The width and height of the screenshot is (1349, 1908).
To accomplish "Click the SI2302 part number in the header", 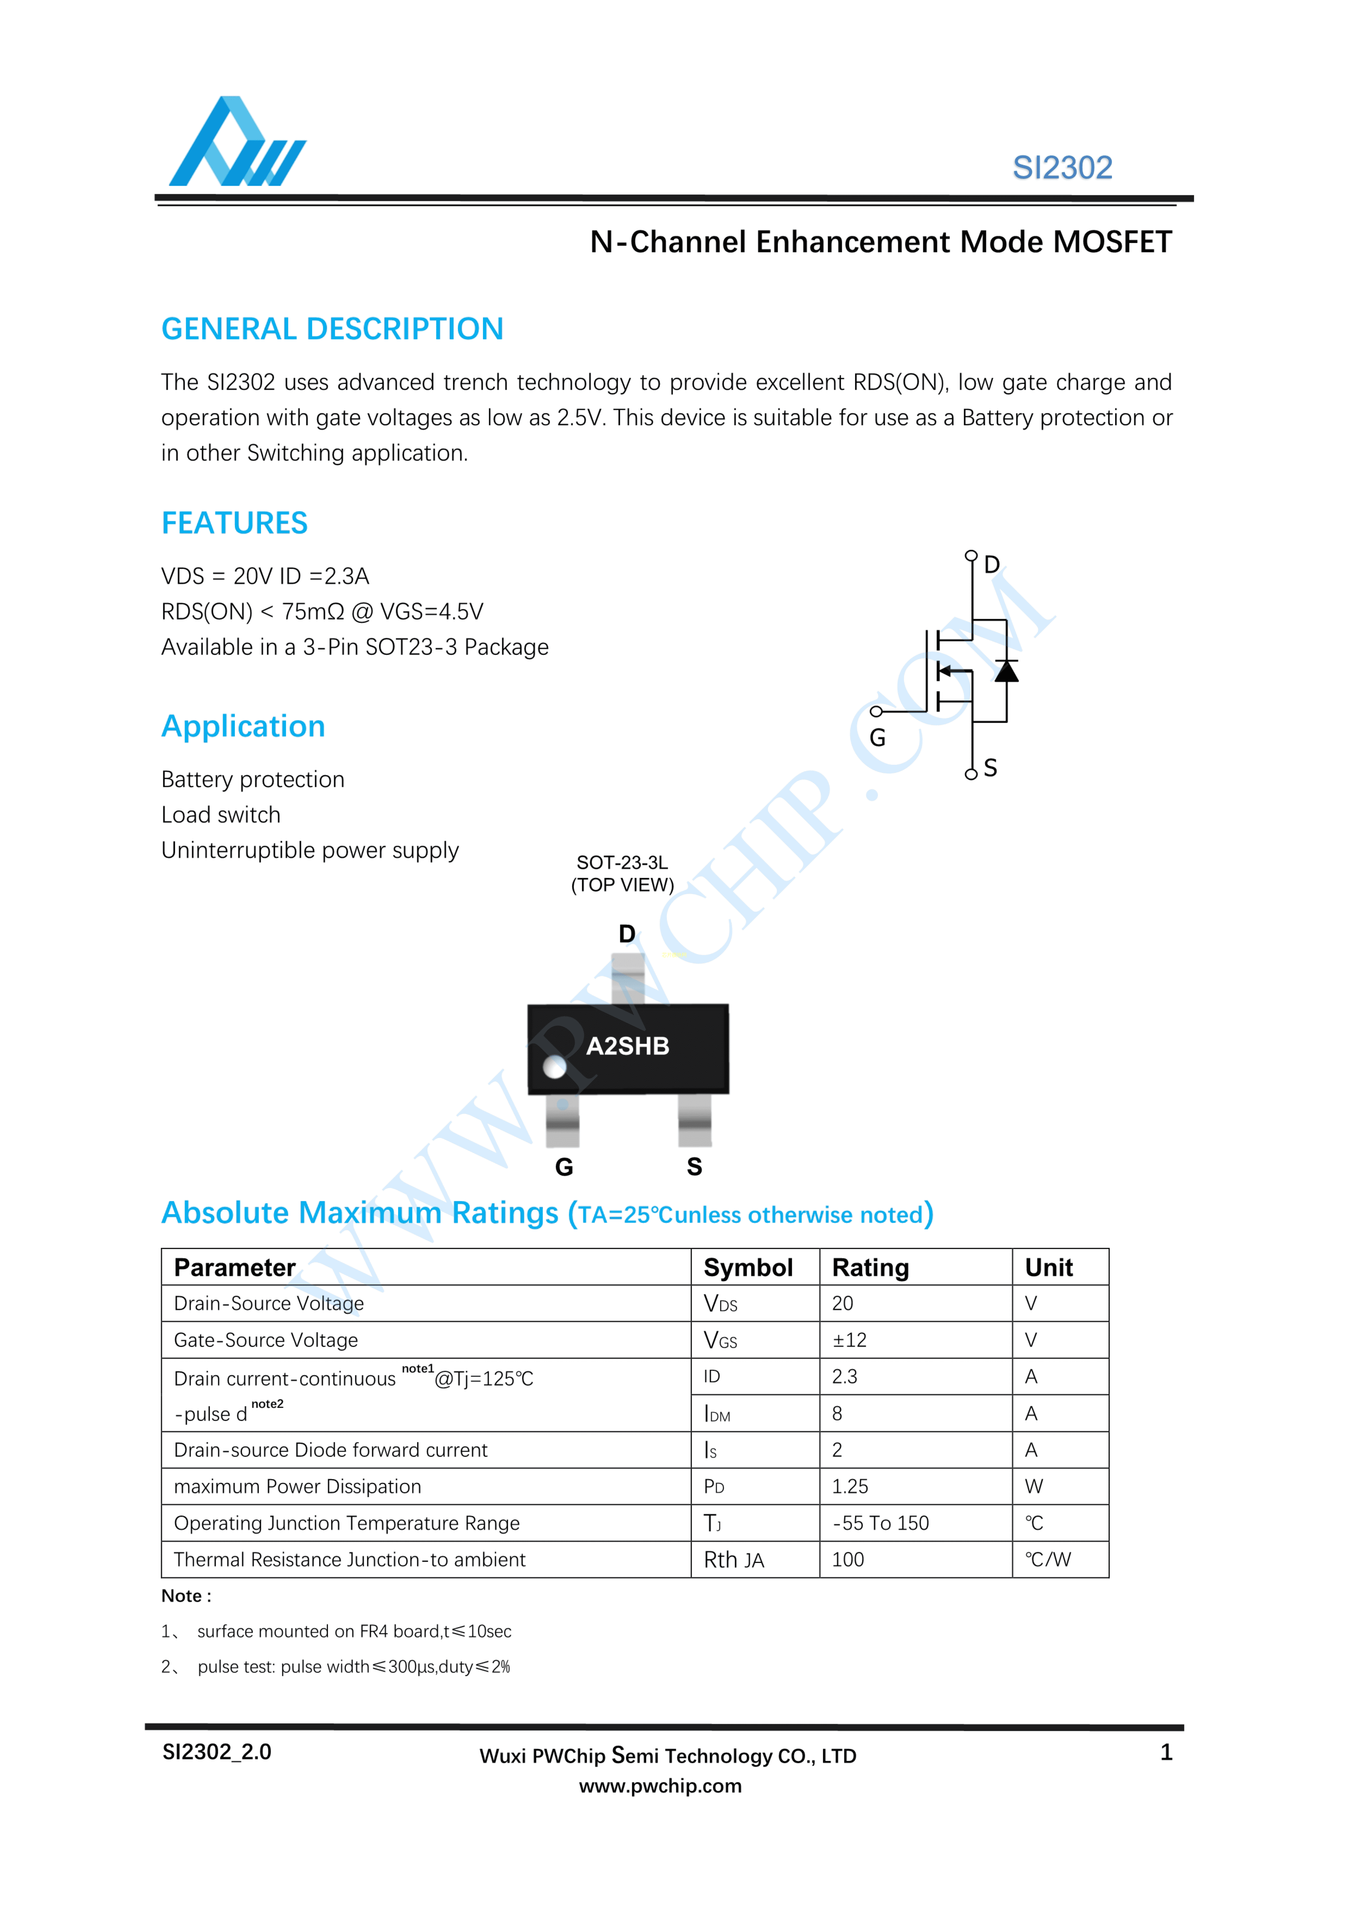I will (1061, 168).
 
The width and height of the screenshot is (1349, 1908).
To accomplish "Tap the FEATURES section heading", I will (234, 524).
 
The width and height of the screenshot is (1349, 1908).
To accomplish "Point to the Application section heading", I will (243, 726).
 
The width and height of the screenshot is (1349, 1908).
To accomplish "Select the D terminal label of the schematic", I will (992, 565).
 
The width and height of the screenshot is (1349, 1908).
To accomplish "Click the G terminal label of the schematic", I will (877, 738).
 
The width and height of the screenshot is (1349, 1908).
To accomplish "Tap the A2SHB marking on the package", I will (627, 1046).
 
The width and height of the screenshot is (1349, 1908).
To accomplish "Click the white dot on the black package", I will (554, 1067).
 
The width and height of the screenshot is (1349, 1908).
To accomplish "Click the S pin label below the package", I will (694, 1168).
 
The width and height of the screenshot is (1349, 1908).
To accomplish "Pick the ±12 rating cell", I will (849, 1341).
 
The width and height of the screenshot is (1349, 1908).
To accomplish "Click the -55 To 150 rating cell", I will (880, 1523).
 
